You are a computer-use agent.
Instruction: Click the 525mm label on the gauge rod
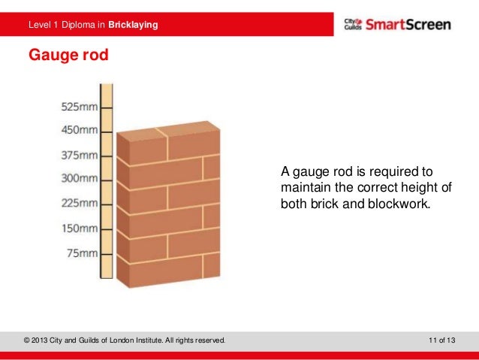coord(79,107)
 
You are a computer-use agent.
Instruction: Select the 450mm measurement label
coord(79,130)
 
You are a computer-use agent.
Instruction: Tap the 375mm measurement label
coord(79,156)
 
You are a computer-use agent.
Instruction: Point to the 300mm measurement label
coord(79,179)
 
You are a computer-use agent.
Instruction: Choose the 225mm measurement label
coord(79,203)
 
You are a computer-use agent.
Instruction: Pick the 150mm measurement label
coord(79,228)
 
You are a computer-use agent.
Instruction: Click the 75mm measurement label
coord(82,253)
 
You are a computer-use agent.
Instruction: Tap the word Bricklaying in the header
coord(133,26)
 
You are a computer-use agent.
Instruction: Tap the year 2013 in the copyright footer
coord(44,342)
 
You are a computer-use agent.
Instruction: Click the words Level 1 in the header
coord(42,26)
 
